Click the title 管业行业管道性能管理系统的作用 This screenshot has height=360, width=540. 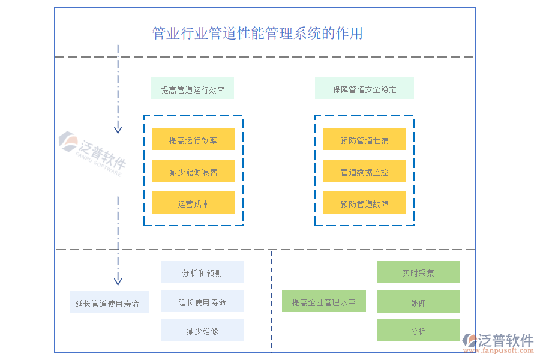(257, 33)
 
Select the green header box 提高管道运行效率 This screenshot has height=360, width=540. (193, 89)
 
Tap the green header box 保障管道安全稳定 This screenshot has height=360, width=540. (364, 89)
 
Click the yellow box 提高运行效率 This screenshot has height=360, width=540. (193, 140)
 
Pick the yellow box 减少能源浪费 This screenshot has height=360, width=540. (193, 172)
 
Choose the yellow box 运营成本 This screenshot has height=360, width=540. (193, 203)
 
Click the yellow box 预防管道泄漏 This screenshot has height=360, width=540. (364, 140)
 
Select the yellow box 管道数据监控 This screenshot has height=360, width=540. (364, 172)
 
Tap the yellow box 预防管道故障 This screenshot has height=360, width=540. (364, 203)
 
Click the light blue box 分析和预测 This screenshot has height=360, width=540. (202, 272)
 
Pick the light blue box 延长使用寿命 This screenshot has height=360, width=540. (202, 302)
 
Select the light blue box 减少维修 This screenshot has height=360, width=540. (202, 331)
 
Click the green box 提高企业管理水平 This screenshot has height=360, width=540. (324, 302)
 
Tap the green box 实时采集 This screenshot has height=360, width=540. (418, 272)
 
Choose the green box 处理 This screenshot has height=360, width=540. (418, 303)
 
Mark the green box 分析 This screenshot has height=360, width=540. (418, 331)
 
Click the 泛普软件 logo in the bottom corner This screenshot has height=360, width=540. (498, 343)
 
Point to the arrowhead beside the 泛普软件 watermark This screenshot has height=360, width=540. (118, 128)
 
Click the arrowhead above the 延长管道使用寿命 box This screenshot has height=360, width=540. (118, 280)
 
